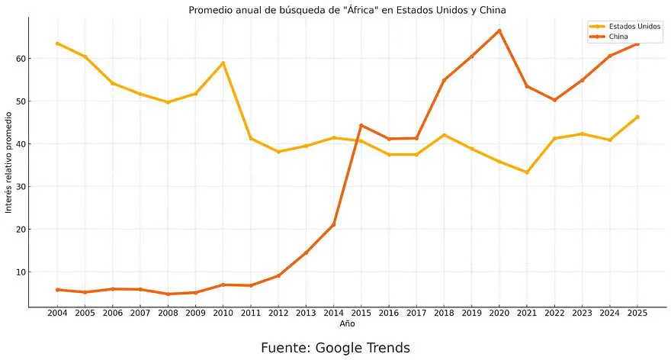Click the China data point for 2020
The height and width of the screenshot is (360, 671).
coord(499,31)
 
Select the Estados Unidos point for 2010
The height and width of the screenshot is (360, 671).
coord(223,63)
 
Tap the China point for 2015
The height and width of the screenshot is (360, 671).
coord(361,125)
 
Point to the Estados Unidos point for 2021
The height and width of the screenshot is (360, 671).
coord(527,172)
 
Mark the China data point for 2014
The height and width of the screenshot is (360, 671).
coord(333,225)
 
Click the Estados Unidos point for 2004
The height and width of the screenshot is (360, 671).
coord(57,43)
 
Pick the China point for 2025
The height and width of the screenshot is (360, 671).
coord(637,43)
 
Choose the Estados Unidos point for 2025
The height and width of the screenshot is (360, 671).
coord(637,117)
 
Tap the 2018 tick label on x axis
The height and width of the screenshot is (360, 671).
coord(444,313)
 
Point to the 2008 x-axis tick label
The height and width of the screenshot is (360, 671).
coord(168,313)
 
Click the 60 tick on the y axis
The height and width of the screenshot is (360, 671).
coord(20,59)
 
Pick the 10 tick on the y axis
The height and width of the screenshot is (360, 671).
coord(20,272)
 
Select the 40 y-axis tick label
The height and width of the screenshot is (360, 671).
coord(20,144)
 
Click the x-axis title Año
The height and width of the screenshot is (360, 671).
coord(347,323)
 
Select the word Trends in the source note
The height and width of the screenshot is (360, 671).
coord(389,348)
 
